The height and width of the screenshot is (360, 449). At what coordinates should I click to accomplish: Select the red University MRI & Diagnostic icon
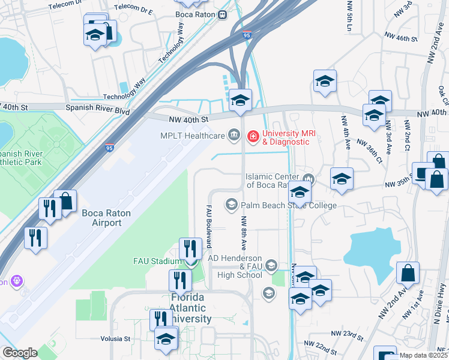pos(253,137)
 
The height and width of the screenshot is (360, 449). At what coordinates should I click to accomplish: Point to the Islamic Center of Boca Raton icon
pos(309,178)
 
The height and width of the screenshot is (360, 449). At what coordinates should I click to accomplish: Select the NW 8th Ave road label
pos(244,233)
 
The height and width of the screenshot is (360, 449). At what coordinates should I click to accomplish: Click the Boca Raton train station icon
pos(222,14)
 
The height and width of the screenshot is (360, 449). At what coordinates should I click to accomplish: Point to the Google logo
pos(19,353)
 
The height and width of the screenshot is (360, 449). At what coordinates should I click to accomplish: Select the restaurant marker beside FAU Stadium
pos(190,248)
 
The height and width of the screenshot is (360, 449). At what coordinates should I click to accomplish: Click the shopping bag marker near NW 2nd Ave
pos(408,273)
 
